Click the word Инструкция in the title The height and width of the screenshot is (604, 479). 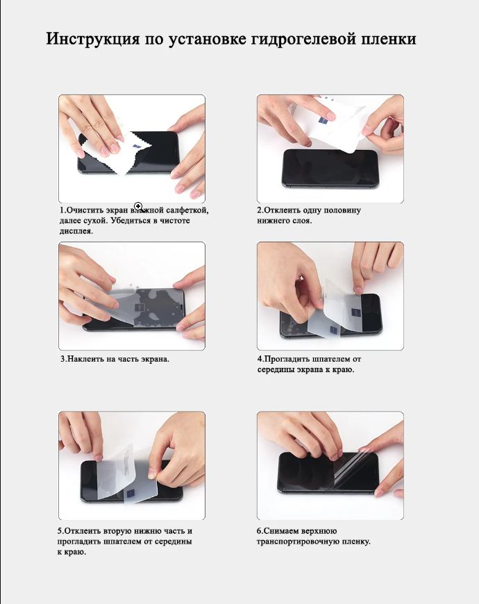point(93,40)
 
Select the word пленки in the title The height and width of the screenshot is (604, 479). point(389,40)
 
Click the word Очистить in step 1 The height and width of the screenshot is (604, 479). point(85,210)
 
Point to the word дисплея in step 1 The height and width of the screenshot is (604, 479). point(76,231)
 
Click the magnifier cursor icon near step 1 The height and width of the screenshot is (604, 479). point(139,206)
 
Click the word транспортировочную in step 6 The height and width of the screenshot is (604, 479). point(297,542)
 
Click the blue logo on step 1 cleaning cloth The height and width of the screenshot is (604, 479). point(137,148)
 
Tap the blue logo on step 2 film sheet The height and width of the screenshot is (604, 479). point(323,121)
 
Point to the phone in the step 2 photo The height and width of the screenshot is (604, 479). point(330,168)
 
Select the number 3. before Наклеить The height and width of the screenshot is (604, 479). point(64,359)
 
